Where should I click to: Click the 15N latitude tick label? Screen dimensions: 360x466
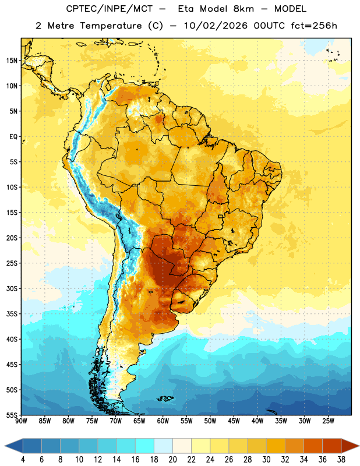[x=12, y=61]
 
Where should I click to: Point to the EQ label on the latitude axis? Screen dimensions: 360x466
[x=13, y=137]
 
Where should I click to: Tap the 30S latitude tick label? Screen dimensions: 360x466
[x=12, y=288]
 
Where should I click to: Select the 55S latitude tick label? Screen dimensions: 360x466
[x=12, y=415]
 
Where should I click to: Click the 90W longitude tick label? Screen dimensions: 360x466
[x=21, y=421]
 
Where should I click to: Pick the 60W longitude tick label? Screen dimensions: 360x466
[x=163, y=421]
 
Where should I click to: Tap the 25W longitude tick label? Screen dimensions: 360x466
[x=328, y=421]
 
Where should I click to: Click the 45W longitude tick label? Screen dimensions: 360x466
[x=234, y=421]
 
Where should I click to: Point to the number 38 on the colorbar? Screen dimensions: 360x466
[x=341, y=460]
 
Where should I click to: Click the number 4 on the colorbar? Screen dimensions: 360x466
[x=23, y=460]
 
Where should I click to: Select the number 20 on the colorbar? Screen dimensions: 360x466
[x=172, y=460]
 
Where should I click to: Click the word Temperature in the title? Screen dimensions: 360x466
[x=111, y=26]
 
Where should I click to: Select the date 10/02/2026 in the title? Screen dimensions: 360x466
[x=216, y=26]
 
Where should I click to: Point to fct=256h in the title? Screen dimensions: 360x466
[x=314, y=26]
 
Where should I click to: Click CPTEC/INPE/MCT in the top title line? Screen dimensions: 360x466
[x=109, y=9]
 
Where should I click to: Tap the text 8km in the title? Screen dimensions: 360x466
[x=243, y=9]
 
